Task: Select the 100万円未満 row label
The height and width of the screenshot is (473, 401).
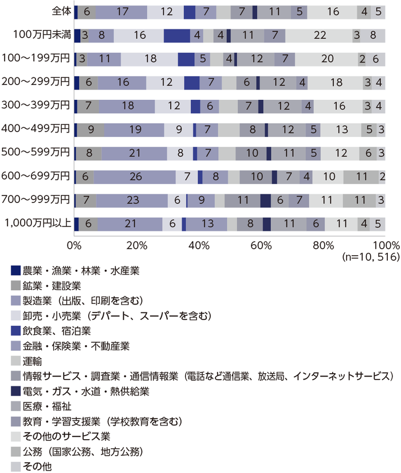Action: (42, 34)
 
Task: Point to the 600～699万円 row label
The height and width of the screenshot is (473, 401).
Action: (40, 176)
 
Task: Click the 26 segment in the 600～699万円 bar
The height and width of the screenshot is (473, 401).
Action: (135, 177)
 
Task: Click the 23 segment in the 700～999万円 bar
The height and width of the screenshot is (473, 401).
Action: (132, 200)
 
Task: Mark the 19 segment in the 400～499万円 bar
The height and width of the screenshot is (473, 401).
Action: (135, 130)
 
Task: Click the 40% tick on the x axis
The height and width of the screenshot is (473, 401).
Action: (198, 245)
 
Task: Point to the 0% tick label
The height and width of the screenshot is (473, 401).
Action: (74, 245)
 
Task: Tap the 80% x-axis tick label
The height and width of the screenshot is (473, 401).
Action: (323, 245)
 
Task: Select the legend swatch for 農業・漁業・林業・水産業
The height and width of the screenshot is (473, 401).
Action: (15, 269)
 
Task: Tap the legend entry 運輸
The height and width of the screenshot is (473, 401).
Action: (33, 361)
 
